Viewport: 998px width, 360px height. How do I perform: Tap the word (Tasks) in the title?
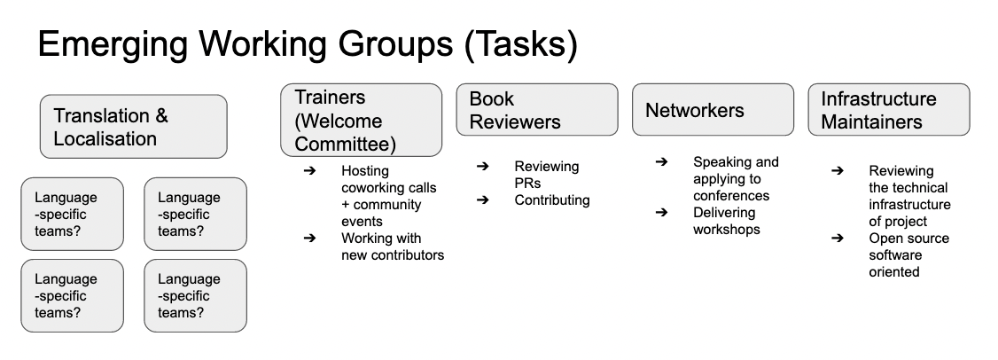coord(521,44)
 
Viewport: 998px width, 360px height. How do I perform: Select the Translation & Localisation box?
coord(134,126)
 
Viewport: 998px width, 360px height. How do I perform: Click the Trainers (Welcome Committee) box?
coord(361,120)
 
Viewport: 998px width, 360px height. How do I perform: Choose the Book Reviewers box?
coord(537,110)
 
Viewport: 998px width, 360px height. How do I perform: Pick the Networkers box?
coord(713,110)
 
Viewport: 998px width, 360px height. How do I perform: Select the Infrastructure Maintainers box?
coord(889,110)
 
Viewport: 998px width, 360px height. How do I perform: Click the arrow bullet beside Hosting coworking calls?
coord(310,171)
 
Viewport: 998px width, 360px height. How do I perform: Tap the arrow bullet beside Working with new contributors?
coord(310,239)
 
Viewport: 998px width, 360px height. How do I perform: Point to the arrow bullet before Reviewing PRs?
coord(483,167)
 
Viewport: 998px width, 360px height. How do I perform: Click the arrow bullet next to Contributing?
coord(483,200)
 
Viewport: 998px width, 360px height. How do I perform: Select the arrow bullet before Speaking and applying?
coord(661,162)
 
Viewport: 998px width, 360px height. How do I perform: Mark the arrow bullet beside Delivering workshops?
coord(661,212)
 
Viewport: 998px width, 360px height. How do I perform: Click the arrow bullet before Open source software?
coord(838,239)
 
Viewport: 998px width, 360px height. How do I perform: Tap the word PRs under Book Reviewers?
coord(527,184)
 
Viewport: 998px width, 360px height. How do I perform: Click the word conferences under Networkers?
coord(731,196)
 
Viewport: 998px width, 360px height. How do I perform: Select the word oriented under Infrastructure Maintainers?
coord(894,272)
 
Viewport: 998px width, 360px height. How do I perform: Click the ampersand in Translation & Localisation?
coord(161,116)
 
